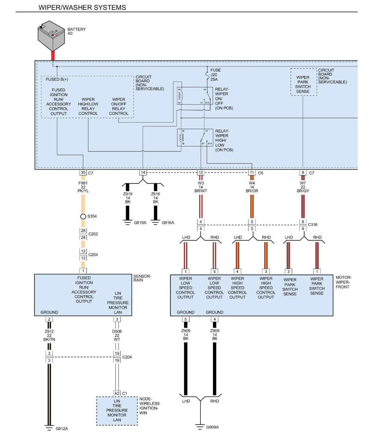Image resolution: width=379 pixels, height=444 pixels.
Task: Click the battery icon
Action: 51,36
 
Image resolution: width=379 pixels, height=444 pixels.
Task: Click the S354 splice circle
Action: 83,216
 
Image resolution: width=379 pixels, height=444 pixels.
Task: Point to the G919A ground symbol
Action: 128,222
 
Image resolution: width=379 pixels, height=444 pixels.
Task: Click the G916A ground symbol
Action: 155,222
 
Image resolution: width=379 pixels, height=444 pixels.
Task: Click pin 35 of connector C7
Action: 83,172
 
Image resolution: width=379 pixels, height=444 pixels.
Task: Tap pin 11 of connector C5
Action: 252,172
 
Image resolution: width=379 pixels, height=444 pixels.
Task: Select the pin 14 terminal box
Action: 143,172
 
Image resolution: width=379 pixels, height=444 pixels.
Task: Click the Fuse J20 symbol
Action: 207,75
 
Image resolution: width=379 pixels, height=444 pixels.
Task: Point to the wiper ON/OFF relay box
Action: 195,96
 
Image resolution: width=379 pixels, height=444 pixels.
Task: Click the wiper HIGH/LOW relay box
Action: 195,138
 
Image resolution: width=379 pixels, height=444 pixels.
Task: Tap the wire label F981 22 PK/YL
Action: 83,187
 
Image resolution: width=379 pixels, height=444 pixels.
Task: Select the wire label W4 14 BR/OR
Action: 252,187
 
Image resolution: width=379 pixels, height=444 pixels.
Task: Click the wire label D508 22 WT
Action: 117,335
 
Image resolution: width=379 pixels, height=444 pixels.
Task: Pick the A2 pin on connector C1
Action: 117,393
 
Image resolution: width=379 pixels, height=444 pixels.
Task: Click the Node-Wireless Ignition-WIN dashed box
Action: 117,411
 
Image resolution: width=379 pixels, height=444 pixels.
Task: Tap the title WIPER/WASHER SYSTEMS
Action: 82,7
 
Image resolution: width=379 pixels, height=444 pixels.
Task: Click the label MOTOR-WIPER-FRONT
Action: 343,282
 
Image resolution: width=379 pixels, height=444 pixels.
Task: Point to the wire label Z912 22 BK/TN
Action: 49,335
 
